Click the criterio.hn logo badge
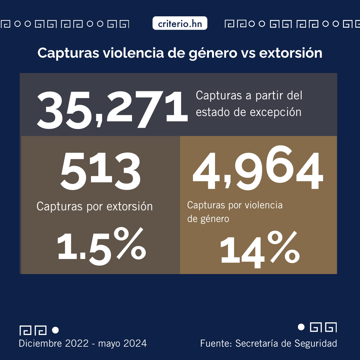180,24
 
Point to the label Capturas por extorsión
94,207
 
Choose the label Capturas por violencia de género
235,212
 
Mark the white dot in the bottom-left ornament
56,330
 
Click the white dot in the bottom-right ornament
301,327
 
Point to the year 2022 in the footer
77,343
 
